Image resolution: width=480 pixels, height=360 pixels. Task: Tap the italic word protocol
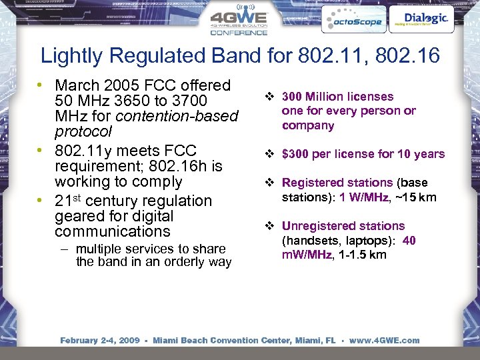[83, 131]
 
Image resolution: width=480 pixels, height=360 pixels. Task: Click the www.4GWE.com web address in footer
[385, 341]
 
